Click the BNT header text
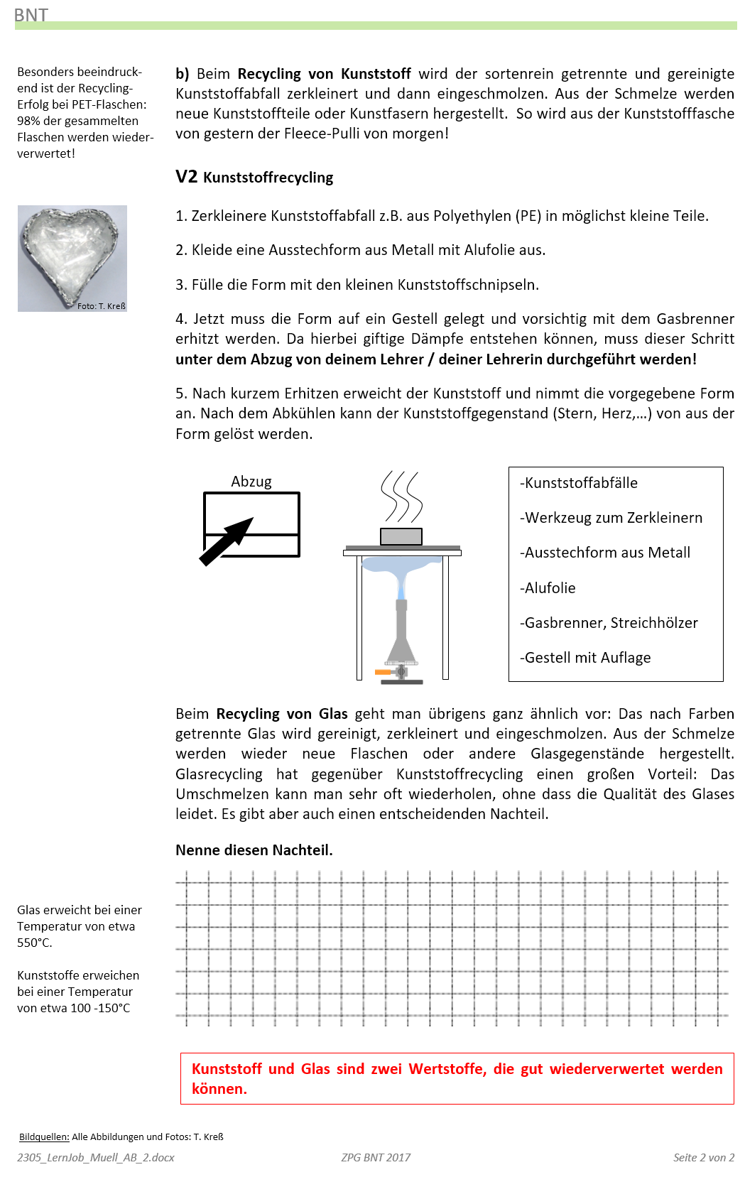coord(31,14)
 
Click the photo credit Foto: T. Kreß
coord(101,306)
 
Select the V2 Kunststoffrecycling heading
coord(254,177)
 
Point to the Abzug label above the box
coord(251,482)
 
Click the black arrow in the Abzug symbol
coord(226,541)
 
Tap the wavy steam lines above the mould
coord(401,497)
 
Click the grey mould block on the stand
coord(401,536)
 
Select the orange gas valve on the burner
coord(383,671)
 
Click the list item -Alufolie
coord(548,588)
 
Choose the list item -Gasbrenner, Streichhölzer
coord(609,623)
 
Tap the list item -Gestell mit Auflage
coord(585,658)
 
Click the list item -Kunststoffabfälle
coord(579,483)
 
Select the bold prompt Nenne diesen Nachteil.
coord(254,850)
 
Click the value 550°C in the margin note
coord(34,943)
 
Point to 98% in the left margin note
coord(28,121)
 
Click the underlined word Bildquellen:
coord(44,1137)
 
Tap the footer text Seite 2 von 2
coord(703,1157)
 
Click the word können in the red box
coord(219,1089)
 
